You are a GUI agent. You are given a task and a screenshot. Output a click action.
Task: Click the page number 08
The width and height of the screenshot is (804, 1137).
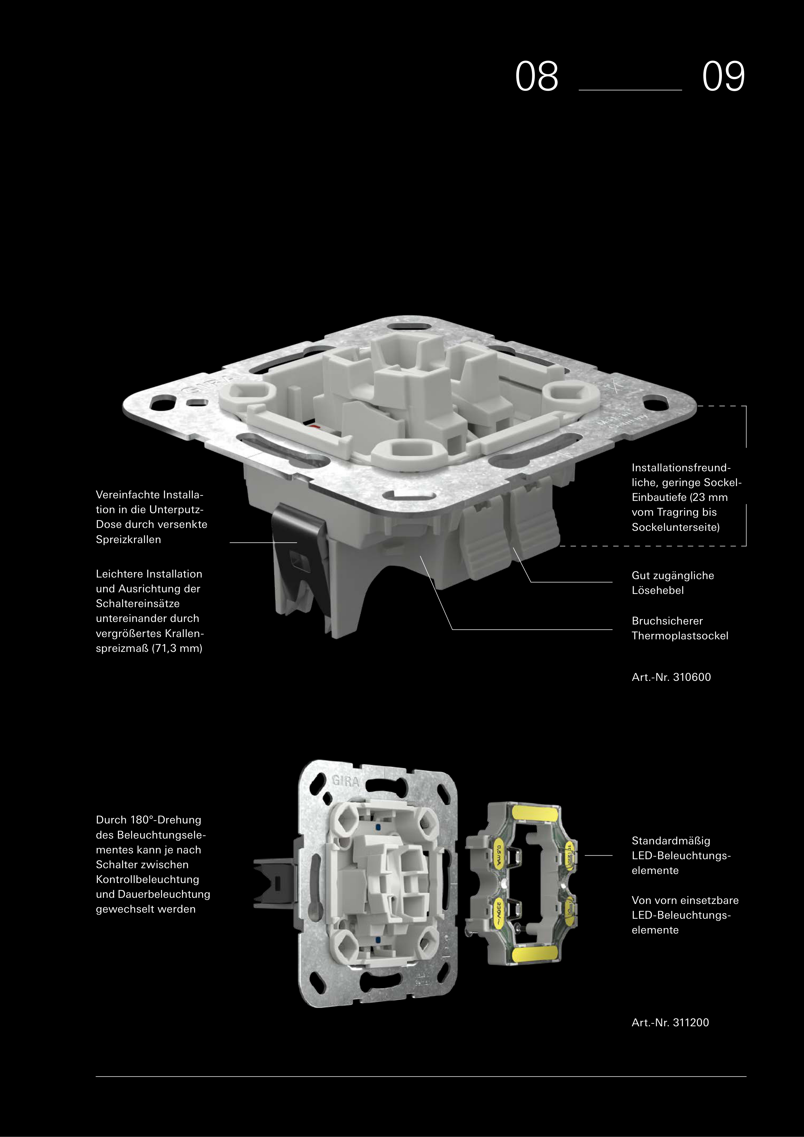pyautogui.click(x=536, y=76)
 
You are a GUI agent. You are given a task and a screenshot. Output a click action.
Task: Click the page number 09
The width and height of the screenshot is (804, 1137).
pyautogui.click(x=723, y=76)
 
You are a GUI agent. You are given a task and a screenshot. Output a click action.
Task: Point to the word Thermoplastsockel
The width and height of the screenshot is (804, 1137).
pyautogui.click(x=680, y=636)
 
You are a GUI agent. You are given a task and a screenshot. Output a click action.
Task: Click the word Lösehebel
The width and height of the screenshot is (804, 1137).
pyautogui.click(x=657, y=590)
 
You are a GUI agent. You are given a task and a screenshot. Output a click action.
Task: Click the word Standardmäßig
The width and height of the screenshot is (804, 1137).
pyautogui.click(x=671, y=841)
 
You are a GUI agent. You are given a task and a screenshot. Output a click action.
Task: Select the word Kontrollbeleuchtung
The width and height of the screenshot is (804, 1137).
pyautogui.click(x=147, y=879)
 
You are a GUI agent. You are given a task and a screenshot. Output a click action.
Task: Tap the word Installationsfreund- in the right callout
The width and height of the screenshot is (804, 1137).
pyautogui.click(x=681, y=467)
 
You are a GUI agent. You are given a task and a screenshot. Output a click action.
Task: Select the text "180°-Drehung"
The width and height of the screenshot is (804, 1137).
pyautogui.click(x=166, y=820)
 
